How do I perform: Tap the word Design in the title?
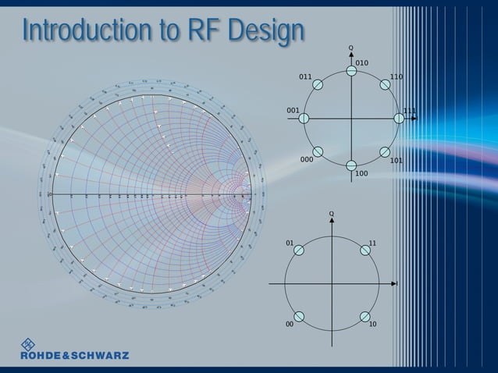coord(265,30)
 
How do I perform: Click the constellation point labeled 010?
coord(351,71)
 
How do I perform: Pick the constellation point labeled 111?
coord(399,118)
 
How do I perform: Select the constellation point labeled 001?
coord(304,118)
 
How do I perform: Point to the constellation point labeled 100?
coord(351,165)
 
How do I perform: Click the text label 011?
coord(305,77)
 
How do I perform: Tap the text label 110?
coord(397,77)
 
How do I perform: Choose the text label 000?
coord(307,159)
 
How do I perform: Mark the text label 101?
coord(397,161)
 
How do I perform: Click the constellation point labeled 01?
coord(299,250)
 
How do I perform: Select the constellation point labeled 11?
coord(365,250)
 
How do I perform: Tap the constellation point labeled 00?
coord(299,316)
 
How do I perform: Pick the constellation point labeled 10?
coord(365,316)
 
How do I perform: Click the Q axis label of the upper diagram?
coord(351,48)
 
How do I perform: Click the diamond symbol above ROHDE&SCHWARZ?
coord(28,343)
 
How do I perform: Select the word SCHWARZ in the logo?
coord(100,356)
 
